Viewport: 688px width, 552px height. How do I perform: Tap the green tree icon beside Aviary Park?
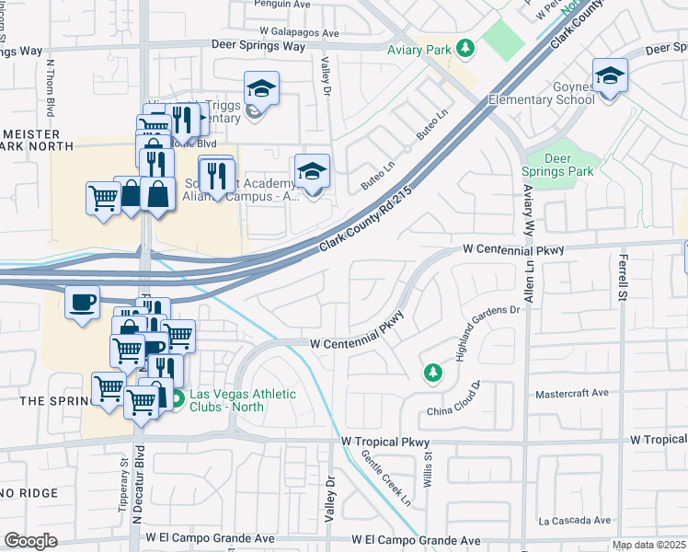coord(466,47)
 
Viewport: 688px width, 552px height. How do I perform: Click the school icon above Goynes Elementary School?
coord(609,76)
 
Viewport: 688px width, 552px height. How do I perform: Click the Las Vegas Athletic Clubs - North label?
coord(243,401)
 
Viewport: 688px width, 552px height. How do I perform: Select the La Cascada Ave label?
coord(575,520)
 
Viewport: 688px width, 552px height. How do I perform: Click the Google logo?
coord(30,540)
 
